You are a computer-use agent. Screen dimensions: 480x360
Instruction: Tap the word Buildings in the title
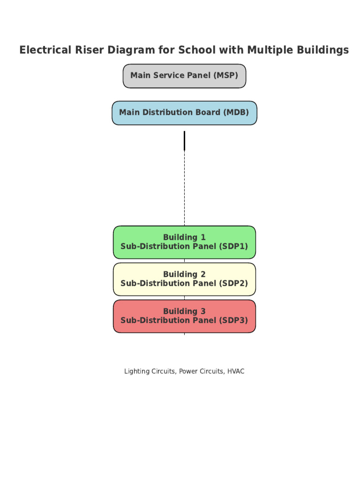pos(323,50)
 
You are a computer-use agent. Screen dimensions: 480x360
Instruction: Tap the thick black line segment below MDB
pos(184,141)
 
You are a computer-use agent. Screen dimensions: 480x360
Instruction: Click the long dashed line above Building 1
pos(184,187)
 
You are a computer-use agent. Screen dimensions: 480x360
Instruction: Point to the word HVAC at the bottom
pos(236,371)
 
